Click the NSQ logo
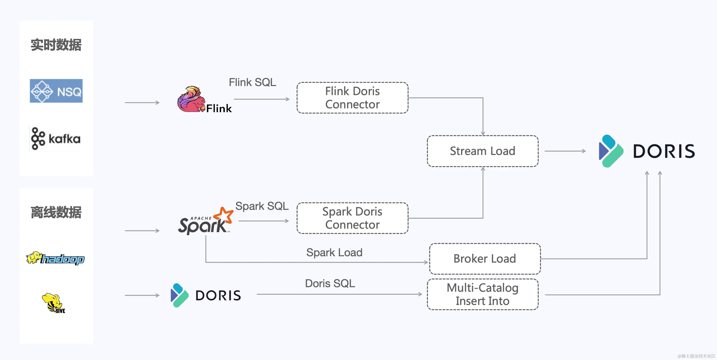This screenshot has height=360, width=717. click(x=56, y=91)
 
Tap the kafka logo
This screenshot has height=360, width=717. click(x=56, y=139)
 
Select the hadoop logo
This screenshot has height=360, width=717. click(x=55, y=258)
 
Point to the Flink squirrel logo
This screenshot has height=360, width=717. click(x=205, y=99)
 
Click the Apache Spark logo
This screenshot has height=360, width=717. click(x=205, y=221)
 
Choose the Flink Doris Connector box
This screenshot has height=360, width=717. click(x=352, y=98)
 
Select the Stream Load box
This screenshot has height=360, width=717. click(x=483, y=151)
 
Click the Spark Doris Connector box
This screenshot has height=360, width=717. click(x=352, y=218)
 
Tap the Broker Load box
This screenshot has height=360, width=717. click(x=485, y=259)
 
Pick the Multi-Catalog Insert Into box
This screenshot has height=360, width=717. click(x=483, y=294)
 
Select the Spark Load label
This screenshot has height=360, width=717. click(x=334, y=253)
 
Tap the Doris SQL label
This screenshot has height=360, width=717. click(x=330, y=283)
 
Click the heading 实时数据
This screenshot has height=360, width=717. click(x=56, y=45)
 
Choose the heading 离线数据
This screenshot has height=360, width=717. click(x=56, y=212)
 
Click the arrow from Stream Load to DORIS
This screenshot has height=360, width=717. click(x=565, y=151)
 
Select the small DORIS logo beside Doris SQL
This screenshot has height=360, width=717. click(x=206, y=295)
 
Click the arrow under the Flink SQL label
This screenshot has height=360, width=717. click(x=262, y=99)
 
